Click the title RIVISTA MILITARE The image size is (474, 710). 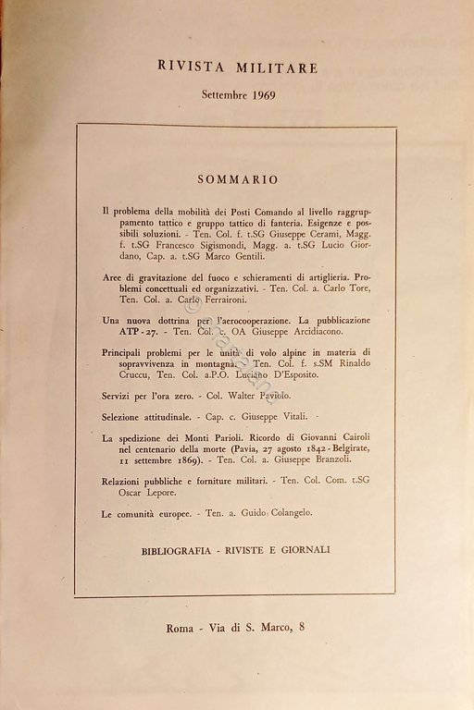(x=239, y=67)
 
